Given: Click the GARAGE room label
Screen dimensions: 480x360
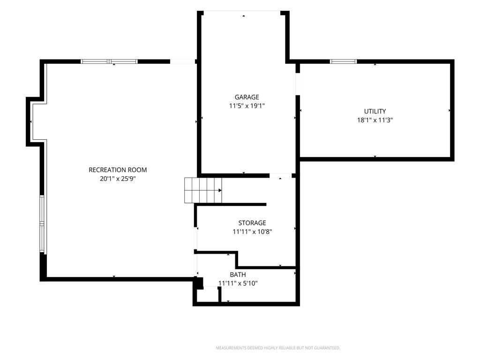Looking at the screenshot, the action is (247, 97).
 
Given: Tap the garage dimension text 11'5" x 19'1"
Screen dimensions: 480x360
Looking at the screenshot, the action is (247, 106).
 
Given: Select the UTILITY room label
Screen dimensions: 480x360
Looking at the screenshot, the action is (375, 111).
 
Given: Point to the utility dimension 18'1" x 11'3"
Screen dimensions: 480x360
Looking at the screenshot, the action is (375, 120).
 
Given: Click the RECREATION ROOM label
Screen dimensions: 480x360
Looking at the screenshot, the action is (118, 170).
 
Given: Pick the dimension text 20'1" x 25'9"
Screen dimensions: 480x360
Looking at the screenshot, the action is (118, 179).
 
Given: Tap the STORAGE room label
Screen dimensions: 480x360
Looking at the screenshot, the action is (252, 223).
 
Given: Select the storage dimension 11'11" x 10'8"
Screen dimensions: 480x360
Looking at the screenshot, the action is (252, 232).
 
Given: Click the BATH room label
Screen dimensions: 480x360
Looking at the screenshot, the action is (238, 275).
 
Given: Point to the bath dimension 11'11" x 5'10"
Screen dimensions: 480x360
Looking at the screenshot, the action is (238, 283).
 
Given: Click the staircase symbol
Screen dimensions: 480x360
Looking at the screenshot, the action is (203, 190).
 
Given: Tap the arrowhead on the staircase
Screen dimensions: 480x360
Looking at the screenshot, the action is (220, 190).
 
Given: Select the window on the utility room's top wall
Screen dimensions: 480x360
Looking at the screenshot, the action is (343, 61).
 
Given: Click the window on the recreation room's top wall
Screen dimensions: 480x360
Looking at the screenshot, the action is (109, 61).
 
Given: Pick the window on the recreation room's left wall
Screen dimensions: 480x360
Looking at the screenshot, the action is (42, 224).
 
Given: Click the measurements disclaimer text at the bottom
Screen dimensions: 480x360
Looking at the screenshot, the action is (278, 348).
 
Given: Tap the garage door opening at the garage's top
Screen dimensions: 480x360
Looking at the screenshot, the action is (242, 12).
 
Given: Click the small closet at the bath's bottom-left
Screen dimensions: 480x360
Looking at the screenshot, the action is (208, 295).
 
